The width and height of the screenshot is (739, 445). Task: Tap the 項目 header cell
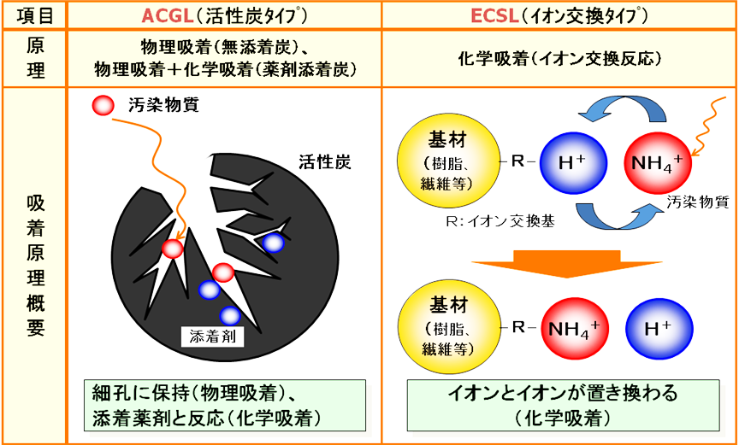(x=34, y=15)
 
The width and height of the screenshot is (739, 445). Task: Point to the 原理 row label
(x=34, y=57)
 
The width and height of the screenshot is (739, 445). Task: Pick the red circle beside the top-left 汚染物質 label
(x=103, y=106)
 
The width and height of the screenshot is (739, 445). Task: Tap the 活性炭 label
(x=325, y=161)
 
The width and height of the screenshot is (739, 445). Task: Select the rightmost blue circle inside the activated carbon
(x=273, y=243)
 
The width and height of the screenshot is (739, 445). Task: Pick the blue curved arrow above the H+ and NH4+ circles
(x=616, y=108)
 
